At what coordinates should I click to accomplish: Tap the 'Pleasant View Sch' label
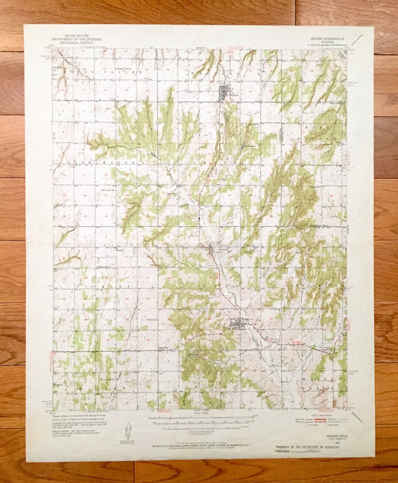(125, 69)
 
